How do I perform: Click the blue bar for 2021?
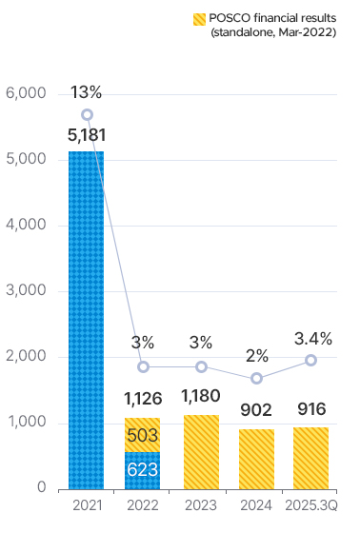(x=86, y=319)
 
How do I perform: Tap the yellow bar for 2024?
(x=256, y=458)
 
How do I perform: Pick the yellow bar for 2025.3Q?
(x=310, y=457)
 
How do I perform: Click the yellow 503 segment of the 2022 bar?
(x=142, y=435)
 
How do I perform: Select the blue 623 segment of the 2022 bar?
(x=142, y=469)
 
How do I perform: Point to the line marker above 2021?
(x=87, y=114)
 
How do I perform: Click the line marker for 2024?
(x=256, y=378)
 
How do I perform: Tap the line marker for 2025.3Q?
(x=310, y=360)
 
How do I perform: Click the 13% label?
(x=86, y=92)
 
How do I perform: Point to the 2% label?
(x=256, y=356)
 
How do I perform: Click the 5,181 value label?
(x=87, y=135)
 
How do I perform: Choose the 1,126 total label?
(x=143, y=399)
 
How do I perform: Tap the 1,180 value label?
(x=200, y=394)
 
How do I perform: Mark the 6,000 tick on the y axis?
(x=26, y=93)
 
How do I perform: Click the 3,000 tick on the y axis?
(x=26, y=291)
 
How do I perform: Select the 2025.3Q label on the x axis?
(x=310, y=505)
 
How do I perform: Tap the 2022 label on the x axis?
(x=142, y=505)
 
